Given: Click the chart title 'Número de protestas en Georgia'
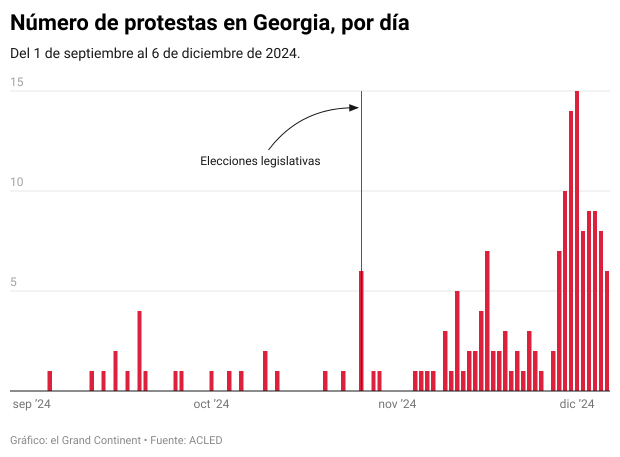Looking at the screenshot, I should pyautogui.click(x=209, y=23).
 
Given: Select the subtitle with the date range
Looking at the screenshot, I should pyautogui.click(x=155, y=53).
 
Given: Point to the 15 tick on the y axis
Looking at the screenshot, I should pyautogui.click(x=17, y=82).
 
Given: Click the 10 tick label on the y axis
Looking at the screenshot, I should pyautogui.click(x=17, y=182).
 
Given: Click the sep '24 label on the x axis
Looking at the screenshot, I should pyautogui.click(x=31, y=404).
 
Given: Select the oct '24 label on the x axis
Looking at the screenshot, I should pyautogui.click(x=211, y=404).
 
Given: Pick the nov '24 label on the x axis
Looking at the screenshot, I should pyautogui.click(x=397, y=404).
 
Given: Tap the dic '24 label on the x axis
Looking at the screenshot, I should pyautogui.click(x=577, y=404).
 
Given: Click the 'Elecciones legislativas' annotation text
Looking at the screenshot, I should pyautogui.click(x=260, y=161).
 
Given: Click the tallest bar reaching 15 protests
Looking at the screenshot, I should pyautogui.click(x=577, y=240).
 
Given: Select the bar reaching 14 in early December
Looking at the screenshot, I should pyautogui.click(x=571, y=250).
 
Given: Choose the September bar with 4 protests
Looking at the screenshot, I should pyautogui.click(x=139, y=350).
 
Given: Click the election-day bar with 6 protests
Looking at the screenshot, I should pyautogui.click(x=361, y=330).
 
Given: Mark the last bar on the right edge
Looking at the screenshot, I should pyautogui.click(x=607, y=330).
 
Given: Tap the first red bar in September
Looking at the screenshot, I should pyautogui.click(x=49, y=380).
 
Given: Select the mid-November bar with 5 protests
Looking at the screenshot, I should pyautogui.click(x=457, y=340).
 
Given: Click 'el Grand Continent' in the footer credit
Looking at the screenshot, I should pyautogui.click(x=94, y=440).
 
